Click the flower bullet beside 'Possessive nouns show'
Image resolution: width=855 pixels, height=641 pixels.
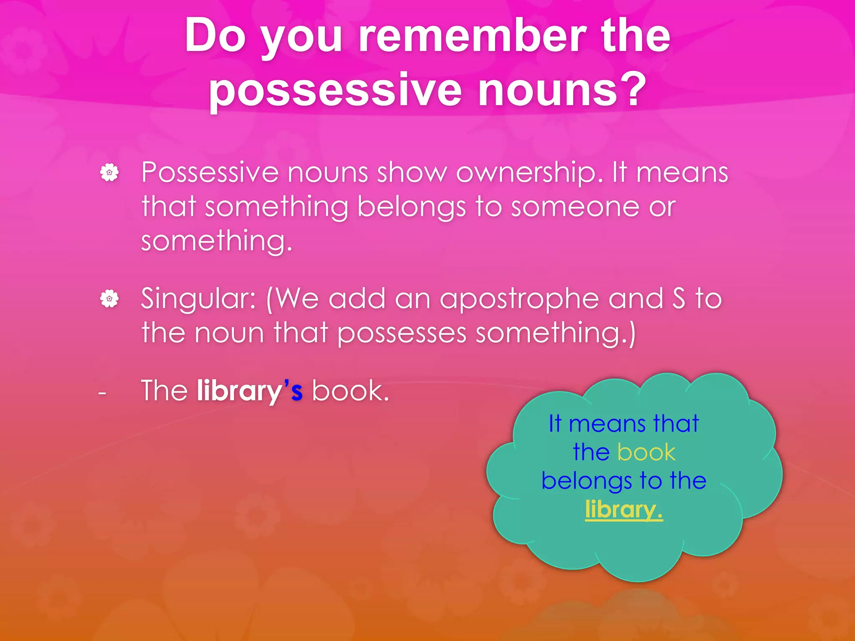tap(109, 172)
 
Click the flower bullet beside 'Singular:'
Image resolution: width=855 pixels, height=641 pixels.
tap(109, 299)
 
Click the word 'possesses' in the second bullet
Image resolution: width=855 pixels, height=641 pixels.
tap(402, 333)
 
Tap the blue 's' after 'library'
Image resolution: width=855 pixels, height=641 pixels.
tap(297, 391)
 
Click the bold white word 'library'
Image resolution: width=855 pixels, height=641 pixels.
tap(240, 391)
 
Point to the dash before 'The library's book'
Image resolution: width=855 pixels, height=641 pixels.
tap(102, 393)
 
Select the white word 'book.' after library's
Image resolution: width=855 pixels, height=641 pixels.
tap(350, 391)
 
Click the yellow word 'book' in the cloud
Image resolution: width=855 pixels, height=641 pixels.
tap(646, 452)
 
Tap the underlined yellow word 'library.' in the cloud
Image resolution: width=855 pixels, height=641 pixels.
tap(624, 510)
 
